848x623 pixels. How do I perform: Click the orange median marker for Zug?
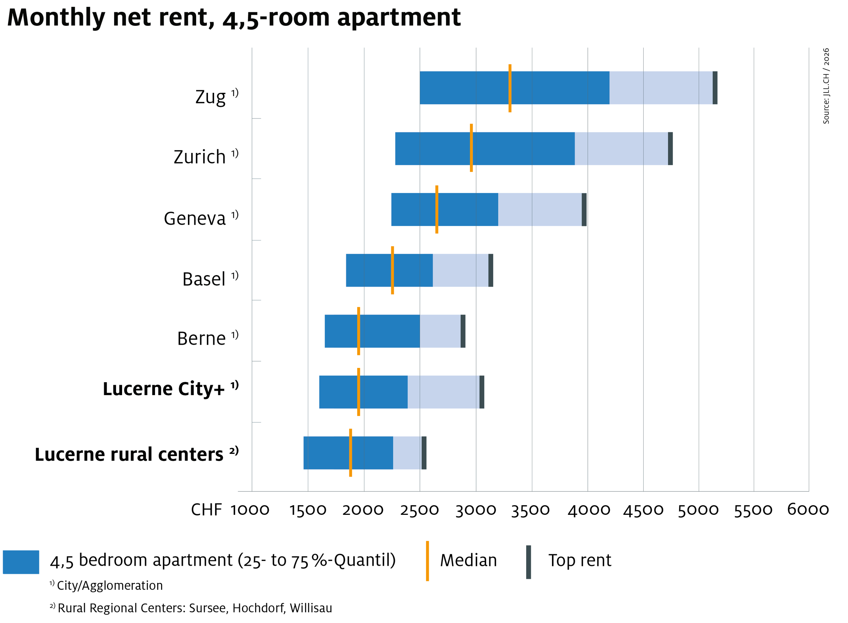(x=510, y=88)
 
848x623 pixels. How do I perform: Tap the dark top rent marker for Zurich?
(x=670, y=149)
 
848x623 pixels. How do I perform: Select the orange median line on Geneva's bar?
(x=437, y=209)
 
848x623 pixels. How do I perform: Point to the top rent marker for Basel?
(x=490, y=270)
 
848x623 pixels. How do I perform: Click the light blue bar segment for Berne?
(x=440, y=331)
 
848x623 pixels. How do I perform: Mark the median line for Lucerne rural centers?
(x=350, y=452)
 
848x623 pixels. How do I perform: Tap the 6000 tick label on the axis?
(x=808, y=510)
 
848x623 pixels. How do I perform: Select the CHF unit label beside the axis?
(x=206, y=510)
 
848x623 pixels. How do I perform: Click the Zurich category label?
(x=200, y=157)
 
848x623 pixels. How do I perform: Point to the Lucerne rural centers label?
(x=129, y=454)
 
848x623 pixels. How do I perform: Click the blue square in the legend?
(x=21, y=562)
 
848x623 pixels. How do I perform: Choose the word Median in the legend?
(x=468, y=560)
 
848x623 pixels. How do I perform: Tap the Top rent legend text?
(x=580, y=560)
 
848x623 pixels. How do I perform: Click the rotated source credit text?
(x=826, y=86)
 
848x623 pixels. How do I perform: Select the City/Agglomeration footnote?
(x=110, y=586)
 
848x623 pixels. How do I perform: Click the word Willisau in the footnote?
(x=311, y=608)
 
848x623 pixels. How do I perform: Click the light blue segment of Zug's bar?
(x=661, y=88)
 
